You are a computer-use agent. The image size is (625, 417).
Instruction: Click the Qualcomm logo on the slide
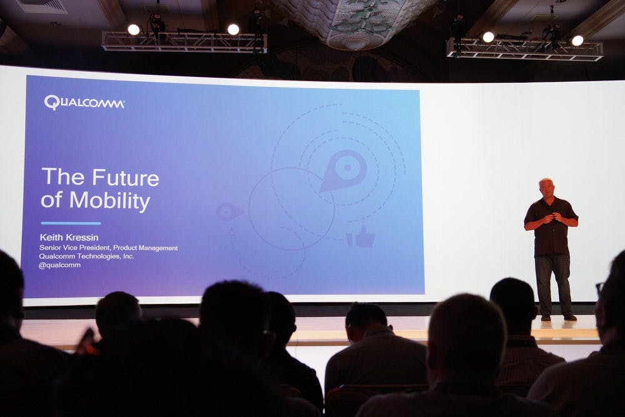click(84, 103)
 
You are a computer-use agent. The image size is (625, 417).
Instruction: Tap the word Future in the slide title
click(126, 178)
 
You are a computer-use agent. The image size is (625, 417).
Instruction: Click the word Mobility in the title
click(109, 201)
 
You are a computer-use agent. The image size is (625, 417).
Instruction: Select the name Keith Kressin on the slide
click(69, 238)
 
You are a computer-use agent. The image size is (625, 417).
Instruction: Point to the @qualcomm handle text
click(59, 265)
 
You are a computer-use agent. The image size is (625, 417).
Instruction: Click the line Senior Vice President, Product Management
click(108, 248)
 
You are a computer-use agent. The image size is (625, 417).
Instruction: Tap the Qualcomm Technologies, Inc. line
click(86, 256)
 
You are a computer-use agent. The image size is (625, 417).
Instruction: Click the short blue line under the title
click(71, 223)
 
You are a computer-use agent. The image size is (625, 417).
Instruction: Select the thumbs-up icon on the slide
click(361, 237)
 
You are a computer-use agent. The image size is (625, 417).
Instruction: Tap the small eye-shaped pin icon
click(229, 212)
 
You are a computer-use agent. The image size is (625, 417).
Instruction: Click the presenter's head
click(546, 188)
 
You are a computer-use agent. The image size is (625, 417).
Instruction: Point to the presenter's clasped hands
click(549, 218)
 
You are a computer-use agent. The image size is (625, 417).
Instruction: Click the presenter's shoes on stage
click(558, 318)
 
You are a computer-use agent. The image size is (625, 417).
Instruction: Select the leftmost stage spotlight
click(134, 29)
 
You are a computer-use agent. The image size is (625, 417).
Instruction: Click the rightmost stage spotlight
click(577, 40)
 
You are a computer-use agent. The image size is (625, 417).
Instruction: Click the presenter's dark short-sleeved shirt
click(551, 227)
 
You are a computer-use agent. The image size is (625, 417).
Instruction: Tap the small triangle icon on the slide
click(232, 231)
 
